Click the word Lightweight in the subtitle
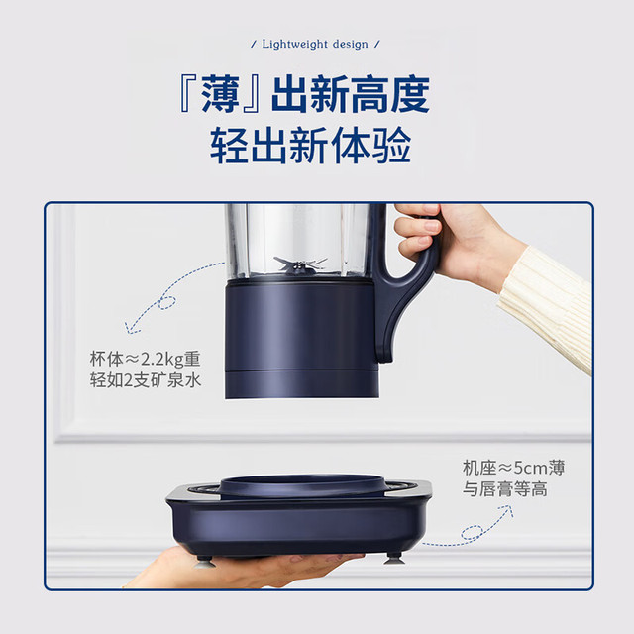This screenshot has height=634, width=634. pos(294,44)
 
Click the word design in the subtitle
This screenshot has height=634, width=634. pos(350,44)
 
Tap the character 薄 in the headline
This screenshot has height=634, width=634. pos(220,95)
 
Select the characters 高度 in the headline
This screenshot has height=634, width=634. pos(390,95)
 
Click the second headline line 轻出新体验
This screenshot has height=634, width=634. pos(310,146)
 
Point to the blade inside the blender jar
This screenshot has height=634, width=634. pos(300,265)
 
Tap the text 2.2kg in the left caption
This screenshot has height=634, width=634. pos(161,359)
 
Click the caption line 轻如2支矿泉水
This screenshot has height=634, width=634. pos(146,380)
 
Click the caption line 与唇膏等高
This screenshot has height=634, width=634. pos(505,488)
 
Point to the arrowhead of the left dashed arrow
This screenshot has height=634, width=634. pos(131,328)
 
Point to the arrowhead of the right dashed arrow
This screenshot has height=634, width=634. pos(506,510)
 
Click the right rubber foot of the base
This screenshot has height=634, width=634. pos(393,558)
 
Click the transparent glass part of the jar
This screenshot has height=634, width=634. pos(298,242)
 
